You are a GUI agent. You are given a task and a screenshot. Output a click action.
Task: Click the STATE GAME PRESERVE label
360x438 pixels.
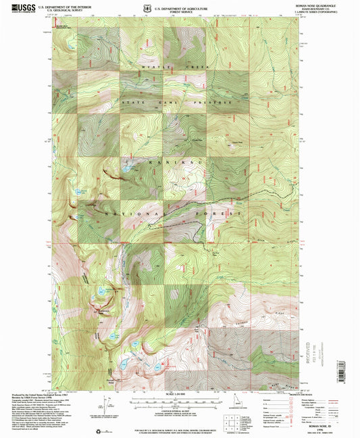coord(177,102)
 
